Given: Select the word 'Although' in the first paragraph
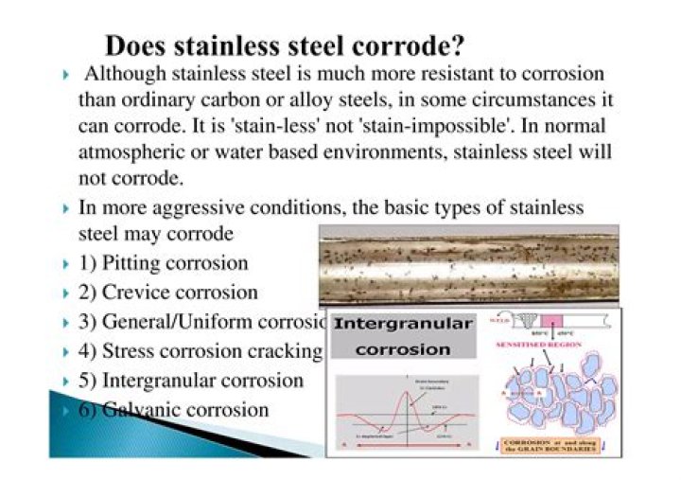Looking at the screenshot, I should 119,74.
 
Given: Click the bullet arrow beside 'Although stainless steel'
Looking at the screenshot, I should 64,74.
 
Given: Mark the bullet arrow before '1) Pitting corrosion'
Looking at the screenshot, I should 64,264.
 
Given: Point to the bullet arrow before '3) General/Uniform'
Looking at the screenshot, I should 64,323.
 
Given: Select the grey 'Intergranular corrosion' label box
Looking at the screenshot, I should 404,336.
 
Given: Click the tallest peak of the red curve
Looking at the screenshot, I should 409,375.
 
